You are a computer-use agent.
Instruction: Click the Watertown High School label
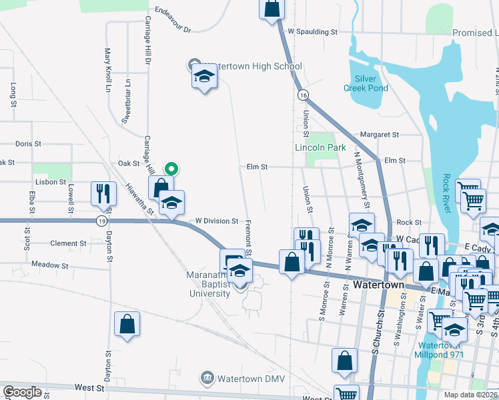tap(253, 67)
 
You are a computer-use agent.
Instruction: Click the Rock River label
tap(446, 194)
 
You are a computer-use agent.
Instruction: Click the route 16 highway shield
tap(304, 95)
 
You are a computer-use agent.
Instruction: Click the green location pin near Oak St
tap(171, 169)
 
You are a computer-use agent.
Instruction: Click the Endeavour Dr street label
tap(173, 21)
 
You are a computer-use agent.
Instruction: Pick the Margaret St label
tap(379, 134)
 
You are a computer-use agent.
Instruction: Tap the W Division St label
tap(216, 221)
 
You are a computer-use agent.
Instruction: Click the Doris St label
tap(28, 143)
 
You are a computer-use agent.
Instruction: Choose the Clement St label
tap(69, 243)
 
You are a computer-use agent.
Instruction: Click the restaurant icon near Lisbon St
tap(103, 193)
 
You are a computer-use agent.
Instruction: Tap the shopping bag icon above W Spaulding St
tap(272, 10)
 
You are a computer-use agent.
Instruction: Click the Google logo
tap(22, 392)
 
